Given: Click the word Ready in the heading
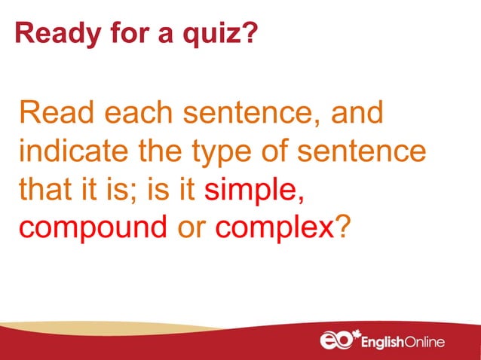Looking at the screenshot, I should (47, 34).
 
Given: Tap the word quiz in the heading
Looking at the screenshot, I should (222, 34).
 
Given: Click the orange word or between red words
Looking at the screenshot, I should (190, 224).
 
